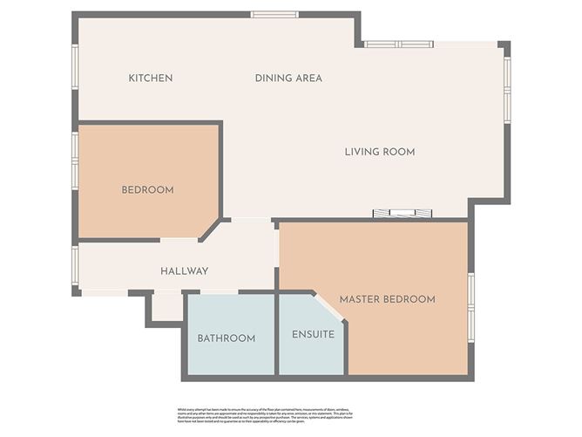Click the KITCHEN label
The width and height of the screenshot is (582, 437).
click(151, 79)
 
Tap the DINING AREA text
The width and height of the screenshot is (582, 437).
click(288, 79)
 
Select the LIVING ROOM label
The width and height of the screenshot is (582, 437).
click(379, 152)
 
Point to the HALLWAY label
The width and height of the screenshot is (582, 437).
click(184, 271)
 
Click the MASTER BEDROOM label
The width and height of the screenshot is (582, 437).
click(387, 299)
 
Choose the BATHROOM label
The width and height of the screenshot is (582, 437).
click(226, 338)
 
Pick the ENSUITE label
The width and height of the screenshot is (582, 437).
click(313, 334)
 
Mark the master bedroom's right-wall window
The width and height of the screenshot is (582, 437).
click(470, 305)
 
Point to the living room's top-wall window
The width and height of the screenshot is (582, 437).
click(398, 44)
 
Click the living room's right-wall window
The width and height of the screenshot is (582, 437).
click(507, 87)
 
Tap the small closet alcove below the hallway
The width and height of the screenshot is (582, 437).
click(165, 307)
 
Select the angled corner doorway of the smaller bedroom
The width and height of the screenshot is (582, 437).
click(210, 229)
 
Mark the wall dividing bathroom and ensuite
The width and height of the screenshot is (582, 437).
click(276, 336)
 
